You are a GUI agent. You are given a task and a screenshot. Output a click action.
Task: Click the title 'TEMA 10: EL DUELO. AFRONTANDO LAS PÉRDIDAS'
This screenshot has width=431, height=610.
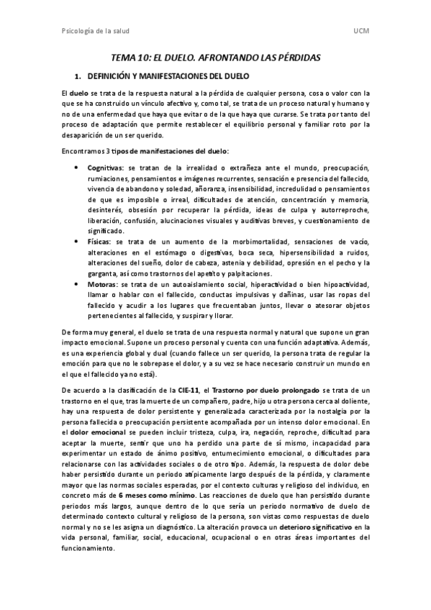pyautogui.click(x=215, y=57)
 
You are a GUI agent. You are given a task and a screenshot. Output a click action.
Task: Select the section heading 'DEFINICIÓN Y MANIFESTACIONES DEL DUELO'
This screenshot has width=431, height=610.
pyautogui.click(x=168, y=76)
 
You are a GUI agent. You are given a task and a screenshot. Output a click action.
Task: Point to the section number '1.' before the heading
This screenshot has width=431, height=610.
pyautogui.click(x=80, y=76)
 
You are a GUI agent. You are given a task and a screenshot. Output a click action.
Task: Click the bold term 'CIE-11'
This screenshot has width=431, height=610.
pyautogui.click(x=189, y=389)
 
